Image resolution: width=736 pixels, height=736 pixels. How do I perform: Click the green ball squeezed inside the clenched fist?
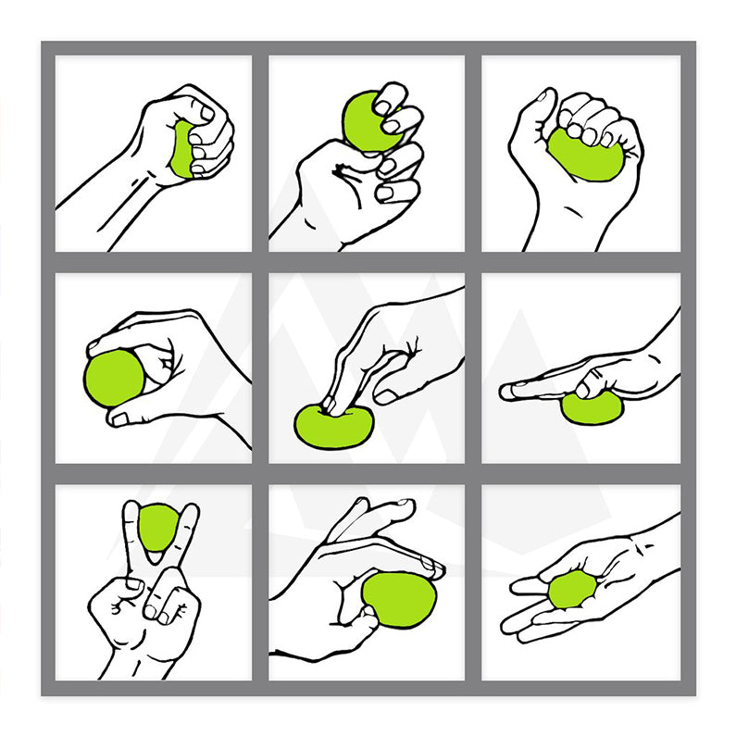[182, 149]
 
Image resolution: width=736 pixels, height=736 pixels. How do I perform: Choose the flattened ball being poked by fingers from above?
[333, 425]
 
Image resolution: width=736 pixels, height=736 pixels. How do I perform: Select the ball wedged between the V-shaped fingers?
[159, 528]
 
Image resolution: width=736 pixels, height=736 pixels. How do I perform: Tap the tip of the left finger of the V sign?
[131, 510]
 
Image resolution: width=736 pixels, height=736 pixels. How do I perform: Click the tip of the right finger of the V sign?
[191, 512]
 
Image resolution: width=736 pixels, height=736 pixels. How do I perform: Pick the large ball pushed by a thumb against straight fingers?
[399, 601]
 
